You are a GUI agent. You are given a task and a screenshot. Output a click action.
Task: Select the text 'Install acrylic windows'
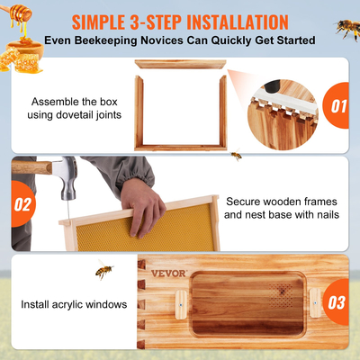[74, 304]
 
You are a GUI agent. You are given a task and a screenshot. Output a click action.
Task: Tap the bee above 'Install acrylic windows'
[105, 270]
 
